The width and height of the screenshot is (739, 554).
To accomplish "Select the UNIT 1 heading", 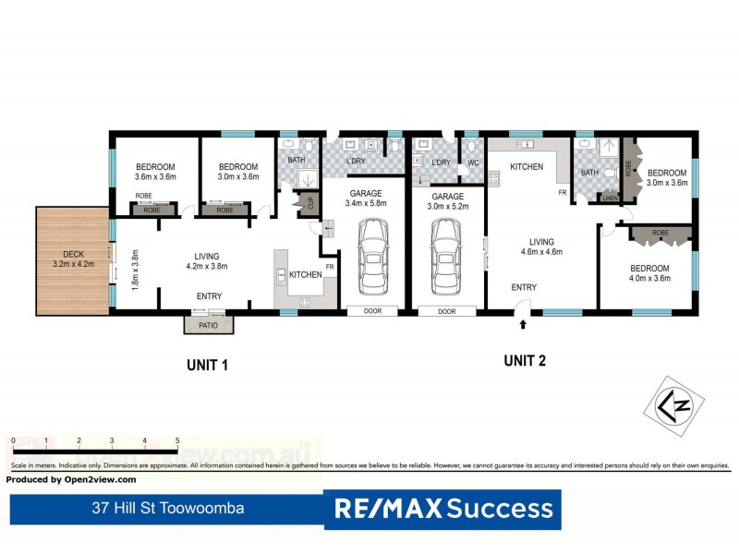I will [208, 366].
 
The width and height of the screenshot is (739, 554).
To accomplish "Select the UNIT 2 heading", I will [525, 361].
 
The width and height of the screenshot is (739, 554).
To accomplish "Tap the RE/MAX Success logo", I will [443, 509].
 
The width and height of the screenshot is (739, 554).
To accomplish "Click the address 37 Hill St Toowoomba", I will [168, 508].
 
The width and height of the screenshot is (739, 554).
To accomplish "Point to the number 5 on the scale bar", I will [176, 440].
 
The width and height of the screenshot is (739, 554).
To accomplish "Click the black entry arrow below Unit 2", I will [524, 324].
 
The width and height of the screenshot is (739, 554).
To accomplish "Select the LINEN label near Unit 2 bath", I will [609, 198].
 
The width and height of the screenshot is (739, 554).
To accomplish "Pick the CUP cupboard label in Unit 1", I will [309, 201].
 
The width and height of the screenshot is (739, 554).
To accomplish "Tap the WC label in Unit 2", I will [473, 163].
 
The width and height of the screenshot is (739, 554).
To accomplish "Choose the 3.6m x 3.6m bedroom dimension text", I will [154, 176].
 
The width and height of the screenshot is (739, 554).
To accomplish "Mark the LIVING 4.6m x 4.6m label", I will [543, 245].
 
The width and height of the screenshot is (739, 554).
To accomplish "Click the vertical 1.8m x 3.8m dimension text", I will [134, 270].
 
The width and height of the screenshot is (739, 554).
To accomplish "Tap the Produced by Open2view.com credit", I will [72, 479].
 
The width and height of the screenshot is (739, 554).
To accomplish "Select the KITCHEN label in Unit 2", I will [527, 167].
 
